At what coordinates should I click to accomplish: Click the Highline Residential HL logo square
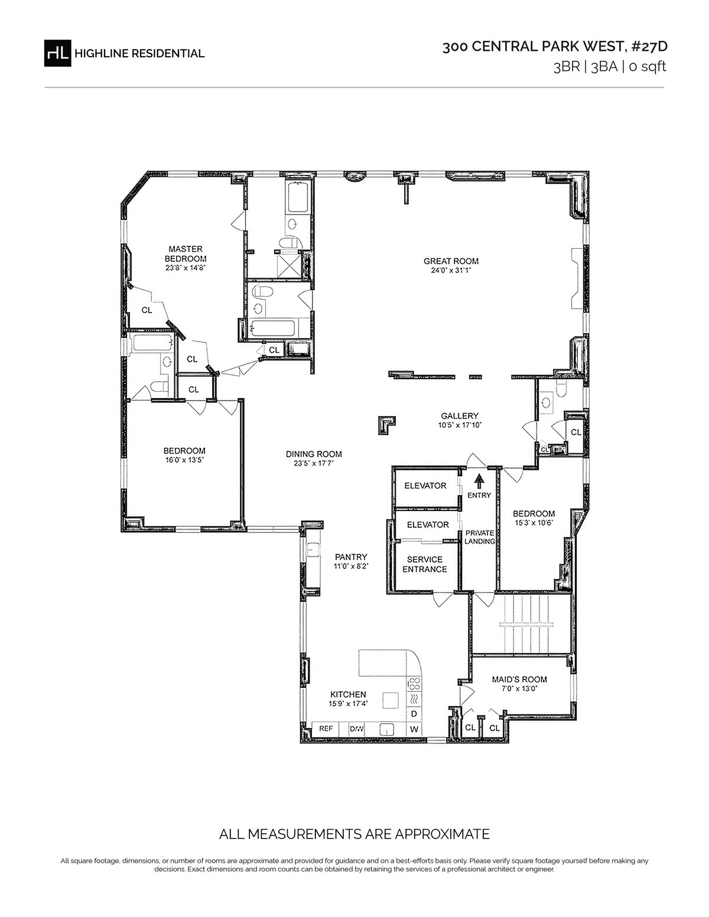57,53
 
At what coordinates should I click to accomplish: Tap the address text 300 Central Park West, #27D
555,47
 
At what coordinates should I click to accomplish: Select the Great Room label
451,261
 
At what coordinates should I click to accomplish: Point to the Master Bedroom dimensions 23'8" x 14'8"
185,268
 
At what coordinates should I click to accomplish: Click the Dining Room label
314,454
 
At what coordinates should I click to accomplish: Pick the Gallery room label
460,416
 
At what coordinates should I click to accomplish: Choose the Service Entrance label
424,564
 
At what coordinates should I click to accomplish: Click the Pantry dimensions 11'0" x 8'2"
351,566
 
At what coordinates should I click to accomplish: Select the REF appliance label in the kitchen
326,728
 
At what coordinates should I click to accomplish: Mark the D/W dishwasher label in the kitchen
356,728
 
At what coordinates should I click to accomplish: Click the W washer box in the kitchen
414,729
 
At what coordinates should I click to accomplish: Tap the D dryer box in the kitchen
414,714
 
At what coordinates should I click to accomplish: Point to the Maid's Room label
519,679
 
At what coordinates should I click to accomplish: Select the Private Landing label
480,536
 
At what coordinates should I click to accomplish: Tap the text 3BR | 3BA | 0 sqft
610,67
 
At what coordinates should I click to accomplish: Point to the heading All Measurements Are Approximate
354,834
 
